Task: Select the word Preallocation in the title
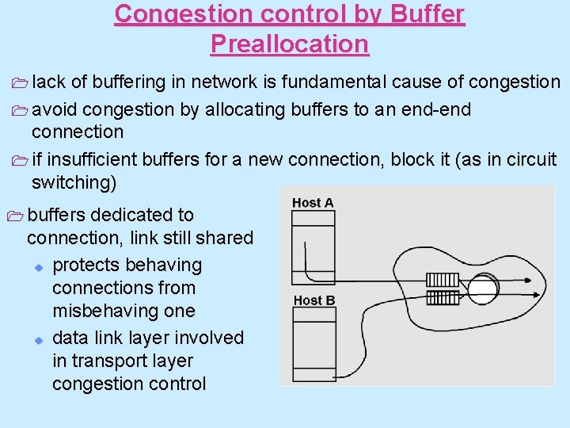tap(290, 44)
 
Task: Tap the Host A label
tap(313, 203)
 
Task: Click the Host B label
tap(314, 300)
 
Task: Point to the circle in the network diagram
tap(482, 289)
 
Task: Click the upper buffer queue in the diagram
tap(443, 281)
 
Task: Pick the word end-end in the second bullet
tap(439, 109)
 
